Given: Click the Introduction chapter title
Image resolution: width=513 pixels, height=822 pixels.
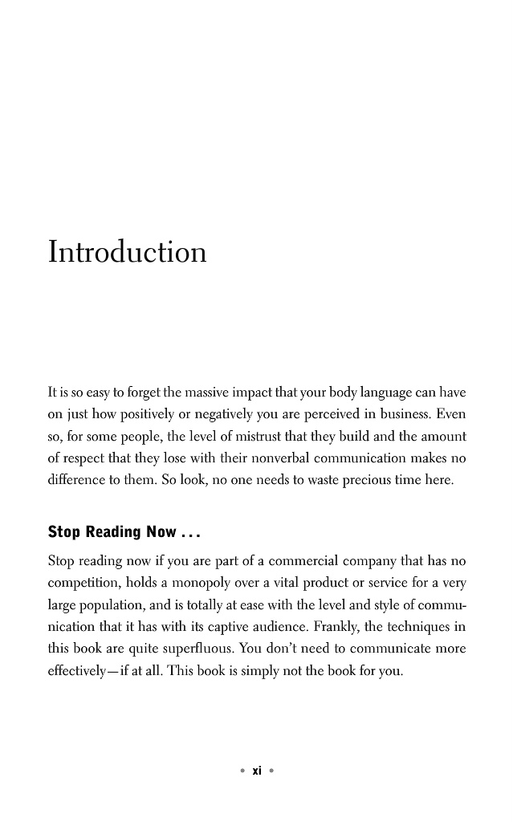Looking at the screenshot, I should click(127, 251).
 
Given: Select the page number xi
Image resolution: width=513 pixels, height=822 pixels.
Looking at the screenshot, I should click(256, 771).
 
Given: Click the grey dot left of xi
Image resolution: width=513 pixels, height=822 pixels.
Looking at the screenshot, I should click(242, 771).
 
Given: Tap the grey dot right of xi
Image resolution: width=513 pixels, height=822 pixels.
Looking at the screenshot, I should click(271, 771).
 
